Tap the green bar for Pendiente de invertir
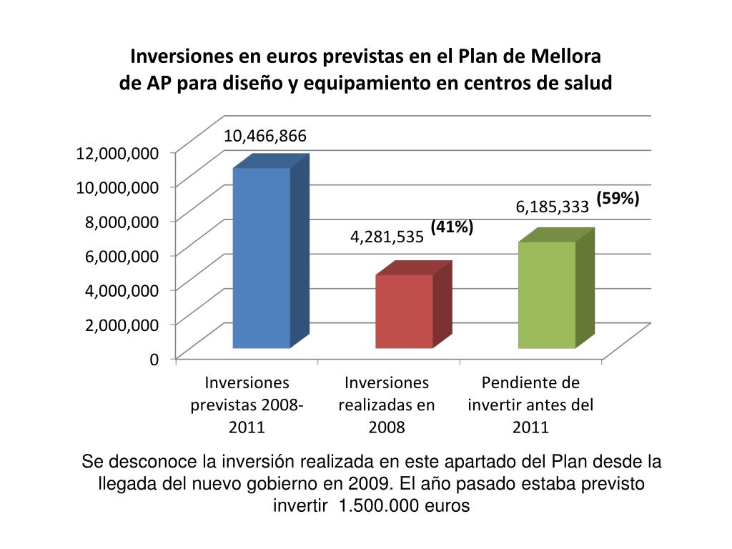coord(547,295)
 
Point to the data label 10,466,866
coord(265,136)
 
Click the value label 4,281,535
coord(387,237)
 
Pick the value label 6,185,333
coord(553,207)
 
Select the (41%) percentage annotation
coord(452,227)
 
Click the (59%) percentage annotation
coord(618,198)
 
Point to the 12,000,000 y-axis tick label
coord(117,152)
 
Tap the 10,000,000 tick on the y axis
coord(117,187)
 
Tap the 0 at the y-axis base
coord(154,359)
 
